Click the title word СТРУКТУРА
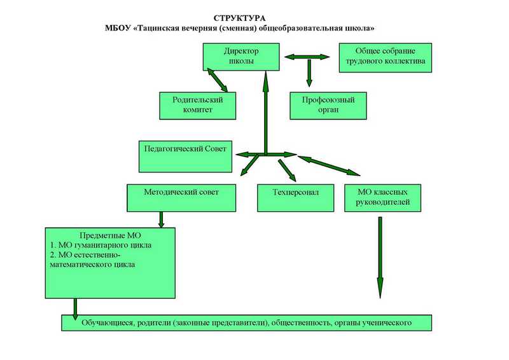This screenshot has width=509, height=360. pyautogui.click(x=239, y=18)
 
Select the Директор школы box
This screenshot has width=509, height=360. pyautogui.click(x=241, y=57)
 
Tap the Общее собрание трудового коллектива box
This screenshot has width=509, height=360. pyautogui.click(x=386, y=58)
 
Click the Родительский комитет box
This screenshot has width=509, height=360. pyautogui.click(x=198, y=106)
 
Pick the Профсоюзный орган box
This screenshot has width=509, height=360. pyautogui.click(x=328, y=106)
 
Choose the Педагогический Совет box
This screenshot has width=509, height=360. pyautogui.click(x=185, y=156)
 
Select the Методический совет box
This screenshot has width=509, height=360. pyautogui.click(x=181, y=198)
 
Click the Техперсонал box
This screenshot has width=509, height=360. pyautogui.click(x=295, y=198)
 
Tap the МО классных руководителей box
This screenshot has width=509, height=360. pyautogui.click(x=383, y=198)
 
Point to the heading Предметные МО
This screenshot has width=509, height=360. pyautogui.click(x=110, y=235)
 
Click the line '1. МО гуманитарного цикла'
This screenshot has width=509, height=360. pyautogui.click(x=101, y=245)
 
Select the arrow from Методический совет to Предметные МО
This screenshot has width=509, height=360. pyautogui.click(x=161, y=220)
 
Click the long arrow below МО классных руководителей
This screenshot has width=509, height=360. pyautogui.click(x=380, y=258)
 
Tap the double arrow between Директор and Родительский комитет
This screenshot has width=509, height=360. pyautogui.click(x=218, y=80)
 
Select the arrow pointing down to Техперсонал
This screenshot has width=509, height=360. pyautogui.click(x=288, y=170)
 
